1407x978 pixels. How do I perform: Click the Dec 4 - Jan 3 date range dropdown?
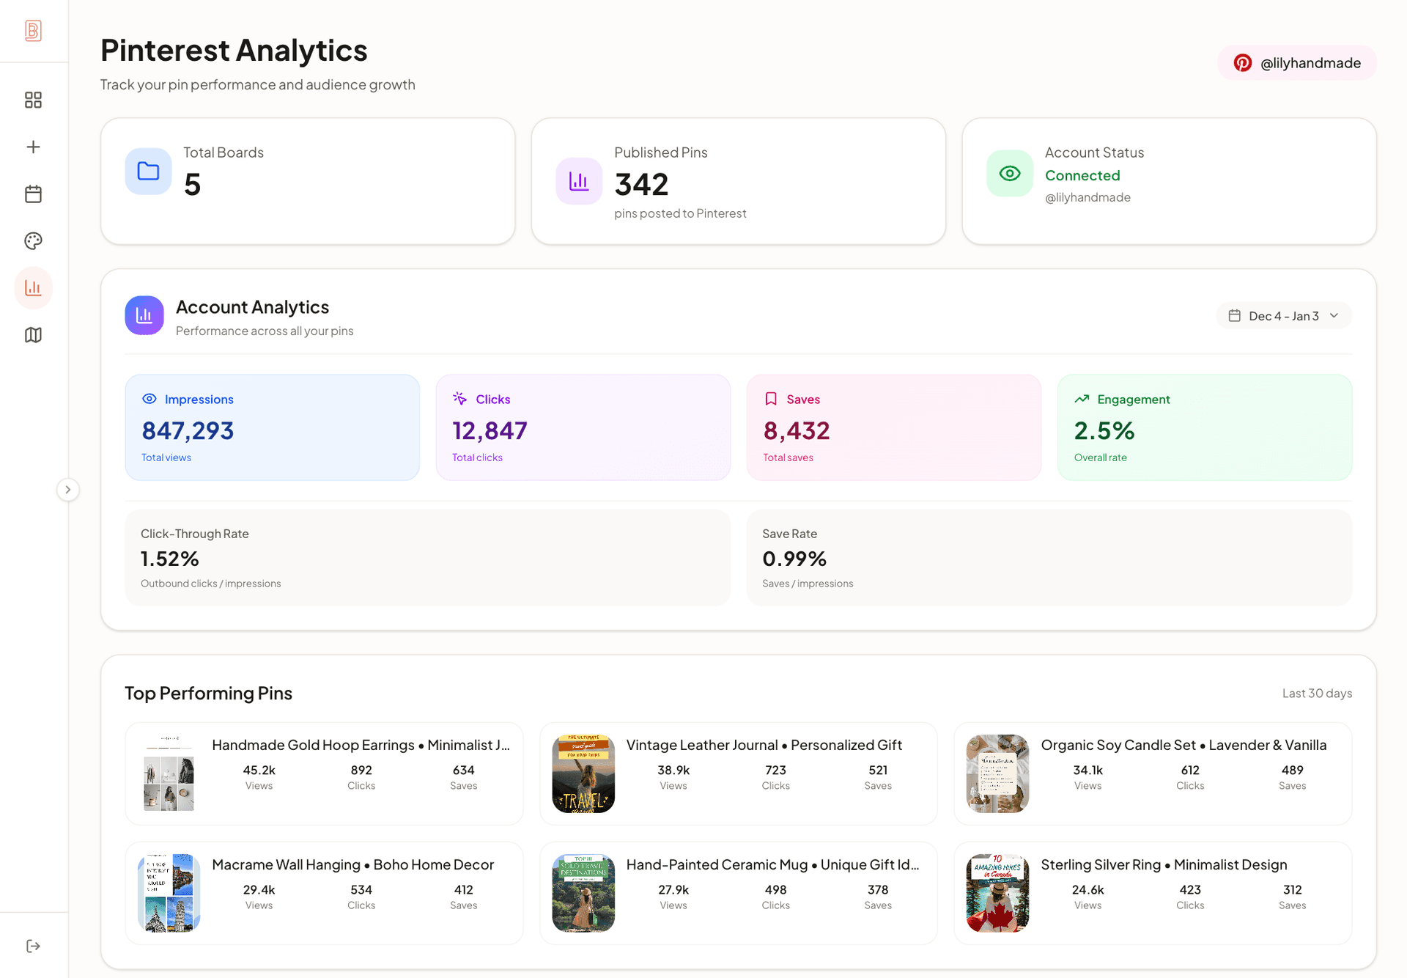click(x=1284, y=316)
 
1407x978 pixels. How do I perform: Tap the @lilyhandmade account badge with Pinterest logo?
click(x=1297, y=63)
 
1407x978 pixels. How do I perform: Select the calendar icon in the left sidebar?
click(x=33, y=194)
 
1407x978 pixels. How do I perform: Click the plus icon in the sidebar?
click(x=33, y=147)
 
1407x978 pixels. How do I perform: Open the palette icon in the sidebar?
click(x=33, y=241)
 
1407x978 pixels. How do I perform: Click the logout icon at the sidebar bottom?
click(x=33, y=946)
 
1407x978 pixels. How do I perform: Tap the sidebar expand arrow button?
click(x=68, y=490)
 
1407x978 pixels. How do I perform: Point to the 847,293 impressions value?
click(x=188, y=431)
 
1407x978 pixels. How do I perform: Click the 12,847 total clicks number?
click(x=490, y=431)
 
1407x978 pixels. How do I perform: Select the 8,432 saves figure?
click(x=797, y=431)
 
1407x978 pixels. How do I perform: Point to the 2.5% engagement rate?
click(x=1104, y=431)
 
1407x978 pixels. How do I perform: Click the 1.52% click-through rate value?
click(x=170, y=559)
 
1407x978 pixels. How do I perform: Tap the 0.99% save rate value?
click(x=794, y=559)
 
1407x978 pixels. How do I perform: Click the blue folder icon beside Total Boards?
click(x=149, y=172)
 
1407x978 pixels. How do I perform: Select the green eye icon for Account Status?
click(x=1010, y=174)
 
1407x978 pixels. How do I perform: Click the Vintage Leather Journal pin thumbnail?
click(x=583, y=773)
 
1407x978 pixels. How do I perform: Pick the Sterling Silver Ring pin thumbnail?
click(x=997, y=893)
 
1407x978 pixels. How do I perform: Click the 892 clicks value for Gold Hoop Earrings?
click(x=361, y=771)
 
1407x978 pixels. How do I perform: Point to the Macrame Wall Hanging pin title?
click(x=353, y=865)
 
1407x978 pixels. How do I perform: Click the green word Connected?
click(x=1082, y=176)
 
